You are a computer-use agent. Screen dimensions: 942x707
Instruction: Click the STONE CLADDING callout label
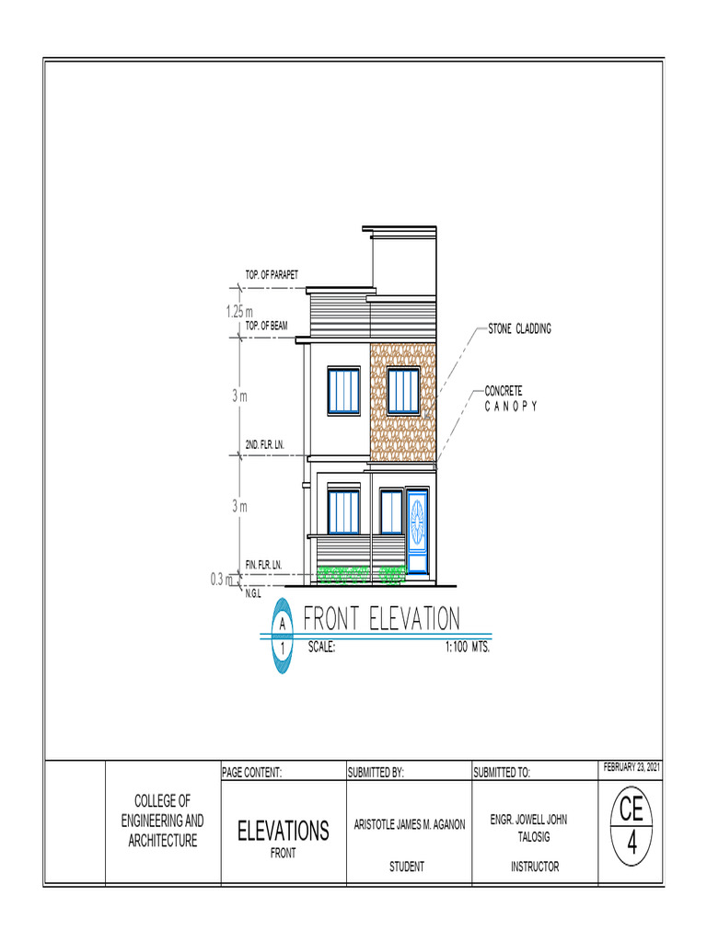(x=519, y=328)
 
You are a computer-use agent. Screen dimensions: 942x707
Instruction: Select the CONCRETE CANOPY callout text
(x=510, y=398)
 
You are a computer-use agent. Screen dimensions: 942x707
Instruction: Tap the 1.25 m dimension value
(x=239, y=312)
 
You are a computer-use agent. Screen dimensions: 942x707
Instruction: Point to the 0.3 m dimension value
(x=222, y=580)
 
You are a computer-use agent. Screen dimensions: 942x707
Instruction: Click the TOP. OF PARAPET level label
(x=272, y=274)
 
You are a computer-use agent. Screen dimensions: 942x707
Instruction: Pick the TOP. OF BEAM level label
(x=267, y=326)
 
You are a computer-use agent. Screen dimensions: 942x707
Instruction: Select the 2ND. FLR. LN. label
(x=264, y=445)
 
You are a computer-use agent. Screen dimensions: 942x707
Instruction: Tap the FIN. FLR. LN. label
(x=263, y=563)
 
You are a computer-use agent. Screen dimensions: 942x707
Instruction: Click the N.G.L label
(x=253, y=594)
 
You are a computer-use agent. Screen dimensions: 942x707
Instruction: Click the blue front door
(x=417, y=534)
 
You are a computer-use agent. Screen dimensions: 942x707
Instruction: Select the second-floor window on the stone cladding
(x=403, y=391)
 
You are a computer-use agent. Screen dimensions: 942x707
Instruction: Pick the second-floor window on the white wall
(x=344, y=391)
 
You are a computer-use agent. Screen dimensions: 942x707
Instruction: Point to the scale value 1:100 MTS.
(x=467, y=647)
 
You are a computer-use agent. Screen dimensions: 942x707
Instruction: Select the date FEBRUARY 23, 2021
(x=632, y=767)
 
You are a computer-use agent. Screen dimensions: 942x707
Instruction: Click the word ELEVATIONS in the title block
(x=283, y=832)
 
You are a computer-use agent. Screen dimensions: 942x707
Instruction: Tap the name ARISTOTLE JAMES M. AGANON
(x=409, y=824)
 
